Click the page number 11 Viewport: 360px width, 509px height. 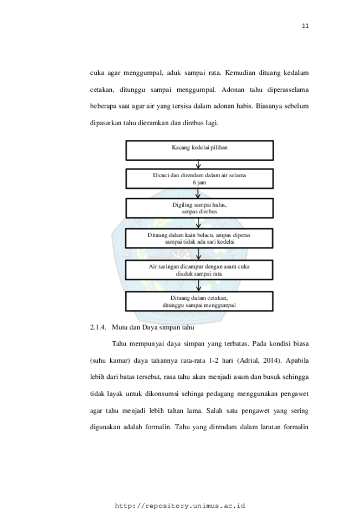click(305, 26)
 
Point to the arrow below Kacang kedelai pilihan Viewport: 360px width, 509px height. click(198, 164)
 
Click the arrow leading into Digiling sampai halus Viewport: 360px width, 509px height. click(198, 193)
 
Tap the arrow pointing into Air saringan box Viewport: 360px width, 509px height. click(198, 254)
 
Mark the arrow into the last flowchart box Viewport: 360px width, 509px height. click(198, 285)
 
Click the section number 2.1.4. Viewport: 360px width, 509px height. click(98, 327)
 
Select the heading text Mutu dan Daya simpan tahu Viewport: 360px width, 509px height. click(153, 327)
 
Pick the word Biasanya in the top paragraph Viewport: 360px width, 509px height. click(269, 106)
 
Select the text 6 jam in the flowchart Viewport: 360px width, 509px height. click(199, 182)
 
